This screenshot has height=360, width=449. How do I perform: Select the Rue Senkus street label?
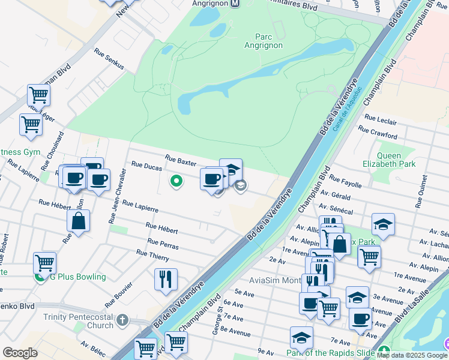(x=109, y=58)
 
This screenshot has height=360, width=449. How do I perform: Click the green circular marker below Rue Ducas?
(x=176, y=180)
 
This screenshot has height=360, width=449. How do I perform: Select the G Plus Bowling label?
(x=78, y=277)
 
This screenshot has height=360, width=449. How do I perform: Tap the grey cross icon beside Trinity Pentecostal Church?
(x=123, y=319)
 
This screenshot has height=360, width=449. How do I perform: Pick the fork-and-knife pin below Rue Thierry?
(x=166, y=279)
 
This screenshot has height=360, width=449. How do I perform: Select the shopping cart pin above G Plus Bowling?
(x=45, y=262)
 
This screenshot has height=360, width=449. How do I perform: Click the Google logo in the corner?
(x=20, y=352)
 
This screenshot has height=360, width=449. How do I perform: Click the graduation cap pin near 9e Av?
(x=301, y=337)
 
